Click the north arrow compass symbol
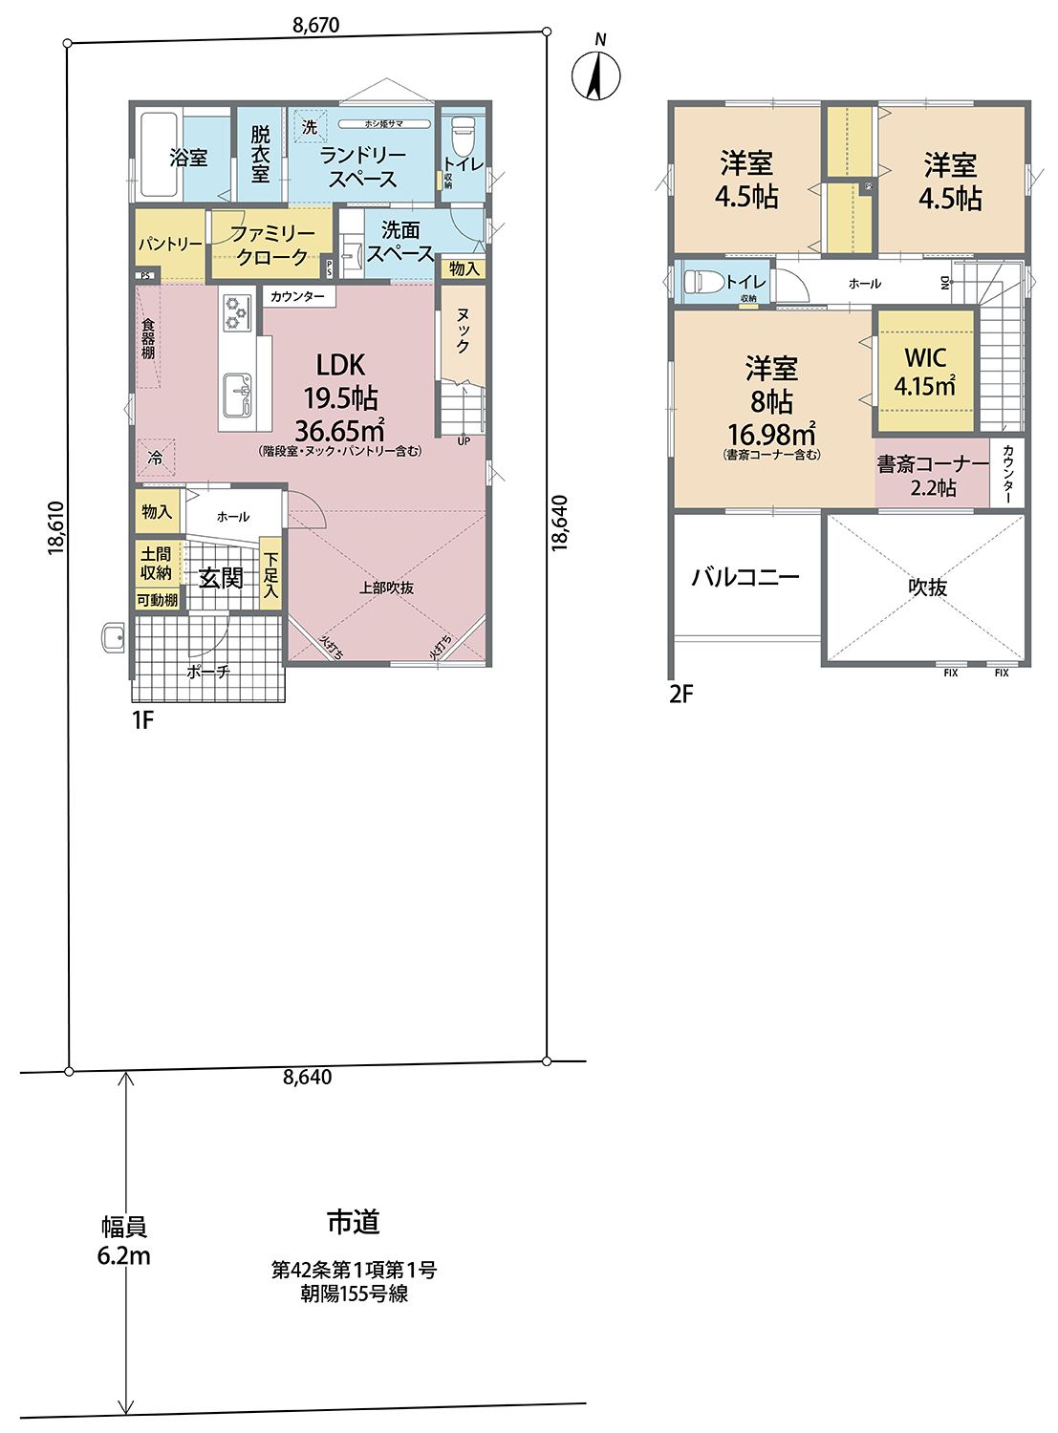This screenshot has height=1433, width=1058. pos(596,75)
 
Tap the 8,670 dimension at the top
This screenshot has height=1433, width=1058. pos(315,26)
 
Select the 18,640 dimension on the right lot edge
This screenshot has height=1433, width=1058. pos(560,523)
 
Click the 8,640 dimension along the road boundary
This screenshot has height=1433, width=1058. pos(307,1078)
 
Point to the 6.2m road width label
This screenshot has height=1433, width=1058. pos(123,1255)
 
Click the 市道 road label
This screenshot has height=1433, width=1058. pos(354,1222)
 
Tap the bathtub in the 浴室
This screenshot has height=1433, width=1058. pos(159,156)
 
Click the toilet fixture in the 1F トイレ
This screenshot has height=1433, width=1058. pos(463,135)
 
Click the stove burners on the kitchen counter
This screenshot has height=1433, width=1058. pos(236,311)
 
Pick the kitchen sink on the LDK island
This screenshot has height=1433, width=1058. pos(236,394)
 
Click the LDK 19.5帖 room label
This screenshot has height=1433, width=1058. pos(340,396)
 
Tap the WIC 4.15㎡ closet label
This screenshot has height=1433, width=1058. pos(924,372)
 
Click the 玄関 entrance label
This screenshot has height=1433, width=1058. pos(221,578)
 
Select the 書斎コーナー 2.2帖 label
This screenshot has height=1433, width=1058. pos(933,476)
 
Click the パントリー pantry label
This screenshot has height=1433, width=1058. pos(170,245)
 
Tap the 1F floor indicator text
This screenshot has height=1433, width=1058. pos(142,720)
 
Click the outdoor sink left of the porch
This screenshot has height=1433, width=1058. pos(113,637)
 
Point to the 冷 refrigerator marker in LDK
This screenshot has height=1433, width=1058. pos(155,459)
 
